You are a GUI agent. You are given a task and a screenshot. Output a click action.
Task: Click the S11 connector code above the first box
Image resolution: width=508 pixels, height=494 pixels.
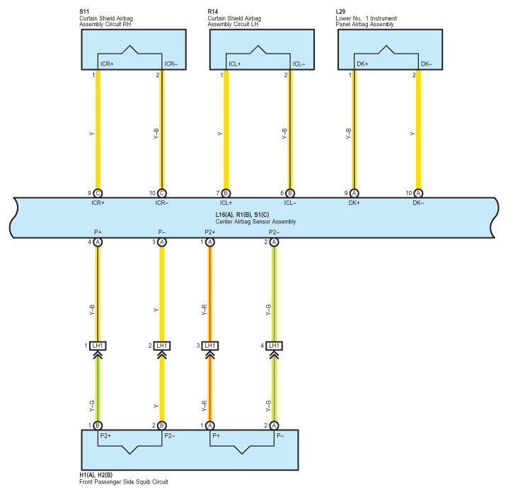tap(84, 11)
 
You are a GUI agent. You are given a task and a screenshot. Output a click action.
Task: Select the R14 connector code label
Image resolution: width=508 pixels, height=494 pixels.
tap(213, 11)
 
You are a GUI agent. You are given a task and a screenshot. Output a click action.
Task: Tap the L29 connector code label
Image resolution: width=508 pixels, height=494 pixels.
tap(340, 11)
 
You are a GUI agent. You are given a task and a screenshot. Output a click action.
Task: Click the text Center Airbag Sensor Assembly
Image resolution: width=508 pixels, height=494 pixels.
tap(255, 222)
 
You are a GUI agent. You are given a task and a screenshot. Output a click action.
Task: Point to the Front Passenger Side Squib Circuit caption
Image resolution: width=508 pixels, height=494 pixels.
tap(124, 482)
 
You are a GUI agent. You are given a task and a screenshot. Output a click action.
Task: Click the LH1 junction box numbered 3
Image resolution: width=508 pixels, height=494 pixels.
tap(210, 346)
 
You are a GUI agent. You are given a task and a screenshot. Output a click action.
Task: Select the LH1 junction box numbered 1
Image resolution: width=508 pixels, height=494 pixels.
tap(98, 346)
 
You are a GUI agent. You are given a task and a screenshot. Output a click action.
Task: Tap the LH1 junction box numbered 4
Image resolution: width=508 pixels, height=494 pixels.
tap(274, 346)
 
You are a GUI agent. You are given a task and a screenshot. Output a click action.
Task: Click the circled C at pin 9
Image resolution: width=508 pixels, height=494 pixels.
tap(98, 193)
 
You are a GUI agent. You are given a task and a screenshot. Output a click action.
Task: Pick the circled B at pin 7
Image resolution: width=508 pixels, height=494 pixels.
tap(226, 193)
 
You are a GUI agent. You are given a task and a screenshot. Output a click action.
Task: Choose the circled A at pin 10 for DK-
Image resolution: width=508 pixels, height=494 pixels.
tap(418, 193)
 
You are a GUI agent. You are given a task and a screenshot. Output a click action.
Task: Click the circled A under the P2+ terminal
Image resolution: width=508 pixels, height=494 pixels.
tap(210, 242)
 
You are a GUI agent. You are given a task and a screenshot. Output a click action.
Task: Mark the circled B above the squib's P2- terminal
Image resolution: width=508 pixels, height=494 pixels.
tap(161, 425)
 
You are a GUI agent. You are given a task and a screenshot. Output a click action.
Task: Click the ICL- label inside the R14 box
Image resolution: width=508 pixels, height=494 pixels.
tap(299, 64)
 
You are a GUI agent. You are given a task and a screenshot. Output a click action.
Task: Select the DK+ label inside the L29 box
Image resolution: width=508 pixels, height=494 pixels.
tap(362, 64)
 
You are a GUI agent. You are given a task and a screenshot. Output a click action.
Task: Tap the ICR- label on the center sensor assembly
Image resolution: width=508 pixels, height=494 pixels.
tap(161, 203)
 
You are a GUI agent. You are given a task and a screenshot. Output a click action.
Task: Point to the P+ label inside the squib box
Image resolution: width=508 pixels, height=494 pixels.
tap(216, 436)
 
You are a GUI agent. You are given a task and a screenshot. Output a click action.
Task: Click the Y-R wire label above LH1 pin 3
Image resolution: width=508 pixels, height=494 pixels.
tap(204, 310)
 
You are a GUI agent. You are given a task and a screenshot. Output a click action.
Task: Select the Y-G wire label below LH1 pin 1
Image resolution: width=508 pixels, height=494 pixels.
tap(92, 406)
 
